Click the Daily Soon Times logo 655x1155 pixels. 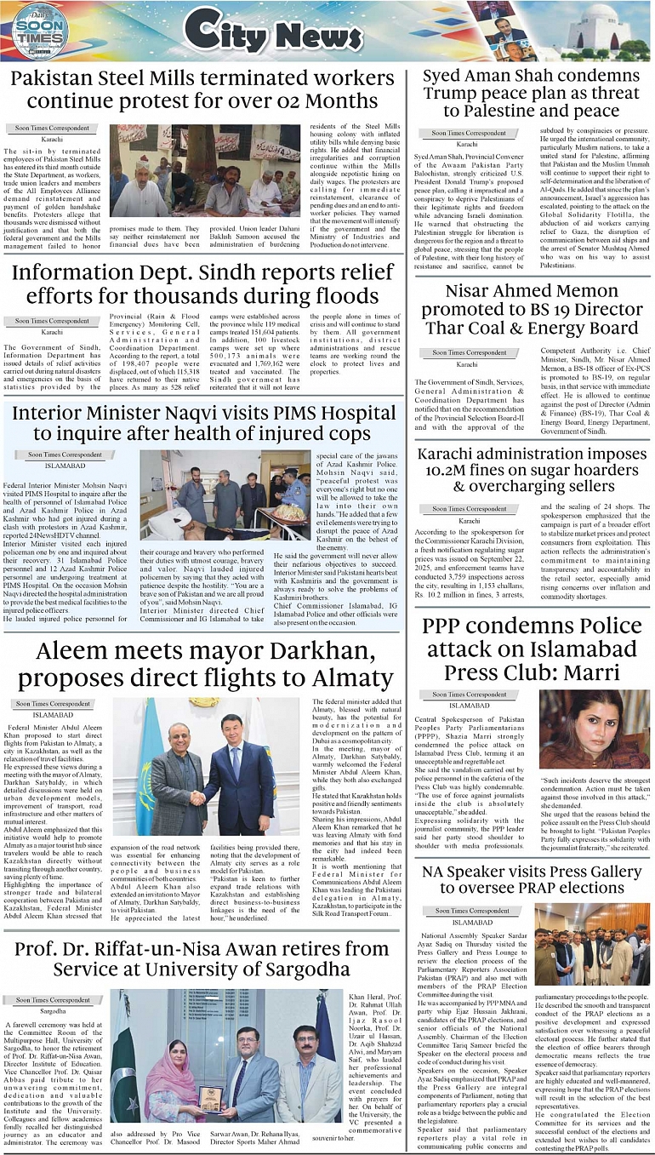[x=39, y=31]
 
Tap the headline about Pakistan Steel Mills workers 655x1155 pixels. [x=202, y=89]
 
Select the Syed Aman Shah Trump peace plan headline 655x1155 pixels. [x=531, y=94]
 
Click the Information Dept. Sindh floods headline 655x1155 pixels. [x=202, y=284]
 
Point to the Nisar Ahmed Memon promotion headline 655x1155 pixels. [x=531, y=310]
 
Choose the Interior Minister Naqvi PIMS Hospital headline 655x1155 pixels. [x=202, y=423]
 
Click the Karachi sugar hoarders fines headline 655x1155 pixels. [x=531, y=471]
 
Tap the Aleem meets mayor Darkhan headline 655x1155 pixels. [x=202, y=666]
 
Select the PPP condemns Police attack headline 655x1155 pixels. [x=531, y=649]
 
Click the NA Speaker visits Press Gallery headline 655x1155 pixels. [x=531, y=880]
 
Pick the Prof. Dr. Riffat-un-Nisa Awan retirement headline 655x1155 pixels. [x=202, y=958]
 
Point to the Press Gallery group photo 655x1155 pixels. [x=593, y=945]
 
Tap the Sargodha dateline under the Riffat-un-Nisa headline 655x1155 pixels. [x=52, y=1011]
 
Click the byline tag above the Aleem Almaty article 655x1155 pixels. [x=52, y=704]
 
